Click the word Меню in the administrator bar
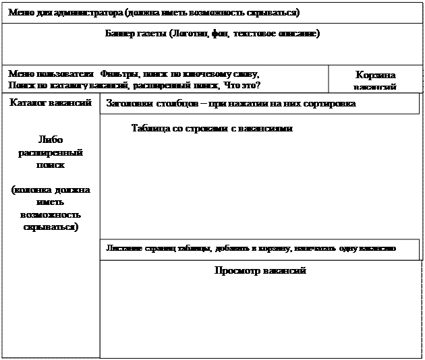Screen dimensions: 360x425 [x=21, y=13]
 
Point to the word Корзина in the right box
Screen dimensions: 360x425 [x=375, y=75]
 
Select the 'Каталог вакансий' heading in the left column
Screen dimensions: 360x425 [x=51, y=103]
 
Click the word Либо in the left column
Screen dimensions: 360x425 [x=51, y=140]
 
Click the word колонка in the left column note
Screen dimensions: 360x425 [x=42, y=190]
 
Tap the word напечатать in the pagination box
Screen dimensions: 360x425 [x=314, y=248]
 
